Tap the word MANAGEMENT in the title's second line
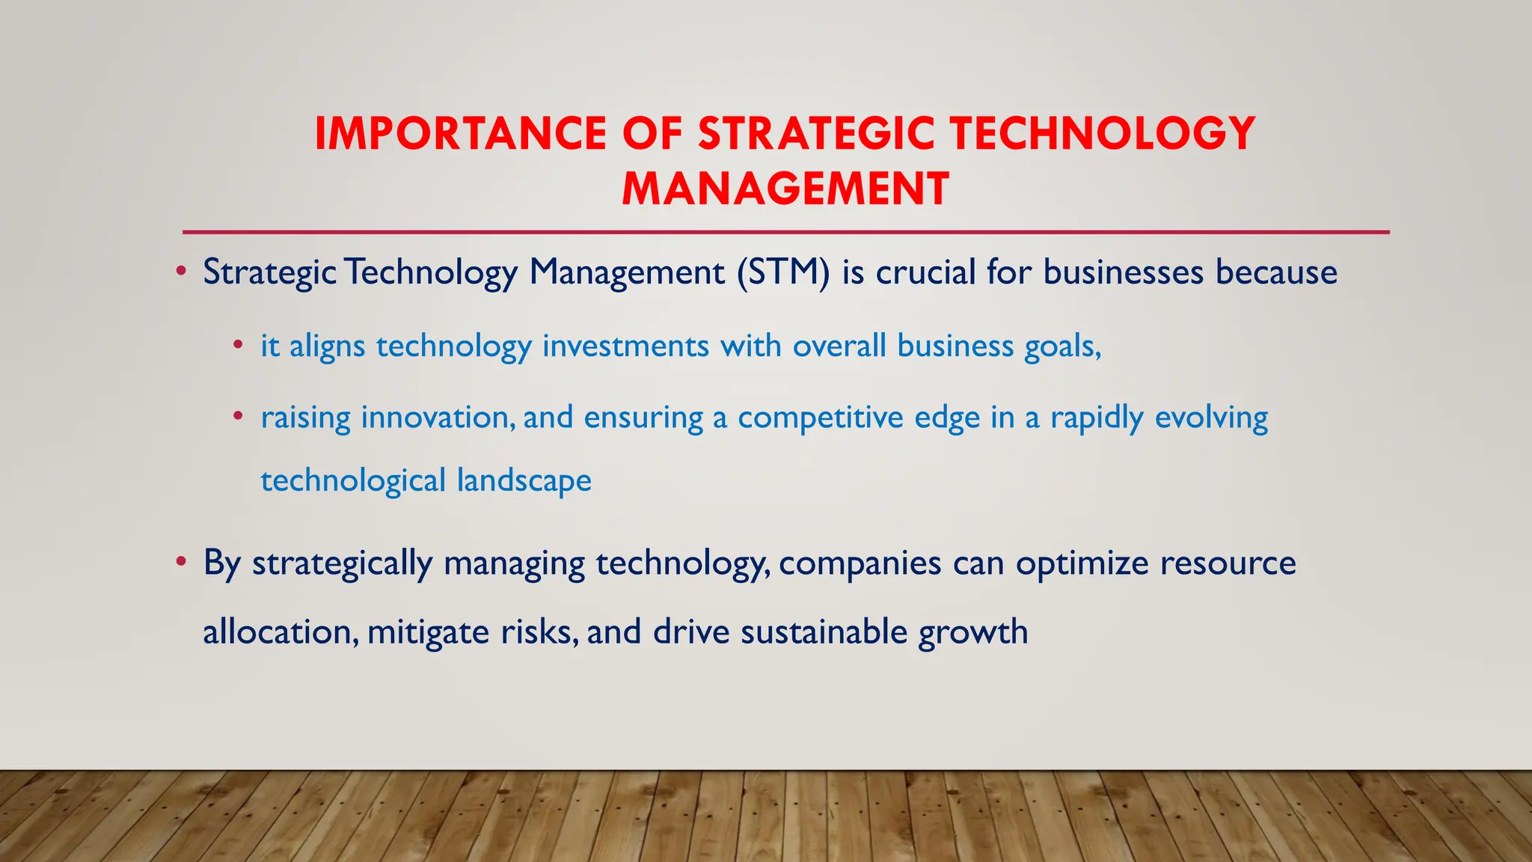tap(785, 189)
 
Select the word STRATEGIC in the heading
tap(816, 134)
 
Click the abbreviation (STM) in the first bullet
tap(783, 272)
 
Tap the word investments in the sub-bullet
tap(625, 346)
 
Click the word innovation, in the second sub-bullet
tap(438, 417)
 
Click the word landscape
tap(524, 480)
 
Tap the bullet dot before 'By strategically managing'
tap(180, 561)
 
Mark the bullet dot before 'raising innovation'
tap(237, 416)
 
